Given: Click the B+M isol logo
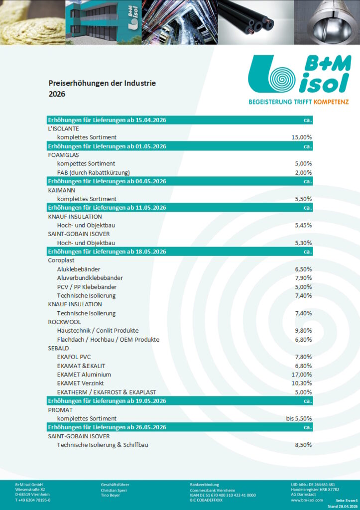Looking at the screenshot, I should click(x=298, y=75).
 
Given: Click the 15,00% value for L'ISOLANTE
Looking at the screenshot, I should click(x=301, y=137).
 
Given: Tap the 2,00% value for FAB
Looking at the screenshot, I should click(x=303, y=172).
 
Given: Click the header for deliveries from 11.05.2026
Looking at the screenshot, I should click(x=107, y=207).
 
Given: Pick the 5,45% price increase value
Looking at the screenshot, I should click(x=303, y=225).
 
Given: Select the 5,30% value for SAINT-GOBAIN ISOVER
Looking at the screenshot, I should click(x=303, y=243).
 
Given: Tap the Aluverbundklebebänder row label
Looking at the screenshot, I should click(x=90, y=277).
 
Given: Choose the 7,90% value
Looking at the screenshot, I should click(x=303, y=277).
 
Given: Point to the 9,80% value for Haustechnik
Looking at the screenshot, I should click(x=303, y=330).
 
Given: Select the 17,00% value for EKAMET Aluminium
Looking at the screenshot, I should click(x=301, y=375).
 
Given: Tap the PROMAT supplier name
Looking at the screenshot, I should click(x=60, y=409).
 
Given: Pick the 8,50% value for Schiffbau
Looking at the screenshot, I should click(x=303, y=445).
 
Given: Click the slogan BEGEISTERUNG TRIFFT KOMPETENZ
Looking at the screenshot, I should click(x=298, y=102).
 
